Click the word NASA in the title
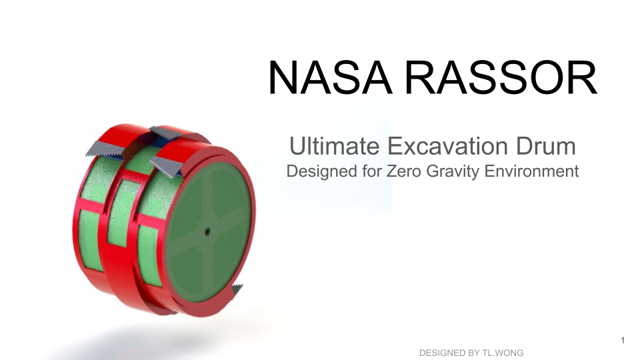(x=330, y=77)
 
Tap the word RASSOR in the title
(x=501, y=77)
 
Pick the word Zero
(x=403, y=171)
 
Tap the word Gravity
(x=452, y=172)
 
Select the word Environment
(x=531, y=171)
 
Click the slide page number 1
(x=623, y=341)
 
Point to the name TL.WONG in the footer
(x=503, y=353)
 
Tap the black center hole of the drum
(x=207, y=232)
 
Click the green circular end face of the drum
(x=209, y=232)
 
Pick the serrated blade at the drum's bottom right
(x=237, y=291)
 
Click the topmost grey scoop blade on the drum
(x=166, y=133)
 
